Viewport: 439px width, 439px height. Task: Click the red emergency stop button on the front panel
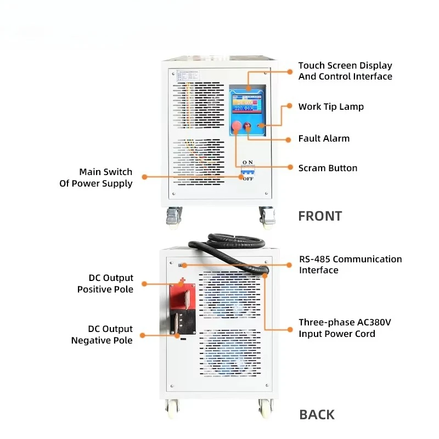(237, 126)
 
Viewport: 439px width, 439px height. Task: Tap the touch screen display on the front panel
(247, 104)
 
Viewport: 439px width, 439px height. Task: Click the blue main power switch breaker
(248, 171)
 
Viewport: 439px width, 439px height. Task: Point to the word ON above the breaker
(247, 162)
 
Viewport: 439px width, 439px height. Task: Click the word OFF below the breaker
(248, 179)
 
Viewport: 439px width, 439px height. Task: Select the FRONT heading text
(320, 216)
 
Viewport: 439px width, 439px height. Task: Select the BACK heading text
(317, 415)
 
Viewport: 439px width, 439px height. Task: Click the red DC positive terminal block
(183, 296)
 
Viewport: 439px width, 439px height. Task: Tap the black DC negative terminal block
(183, 322)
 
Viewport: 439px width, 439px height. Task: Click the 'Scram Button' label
(328, 168)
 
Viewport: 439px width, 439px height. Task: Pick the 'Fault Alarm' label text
(324, 138)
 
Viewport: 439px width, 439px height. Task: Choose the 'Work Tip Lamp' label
(331, 106)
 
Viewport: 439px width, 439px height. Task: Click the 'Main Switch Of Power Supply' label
(95, 177)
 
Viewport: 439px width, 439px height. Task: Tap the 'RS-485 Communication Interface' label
(351, 264)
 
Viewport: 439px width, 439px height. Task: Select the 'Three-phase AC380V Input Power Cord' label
(345, 328)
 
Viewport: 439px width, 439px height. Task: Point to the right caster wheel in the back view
(266, 408)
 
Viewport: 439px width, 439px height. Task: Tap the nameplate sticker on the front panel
(188, 76)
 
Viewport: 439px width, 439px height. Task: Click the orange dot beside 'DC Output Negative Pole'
(143, 335)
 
